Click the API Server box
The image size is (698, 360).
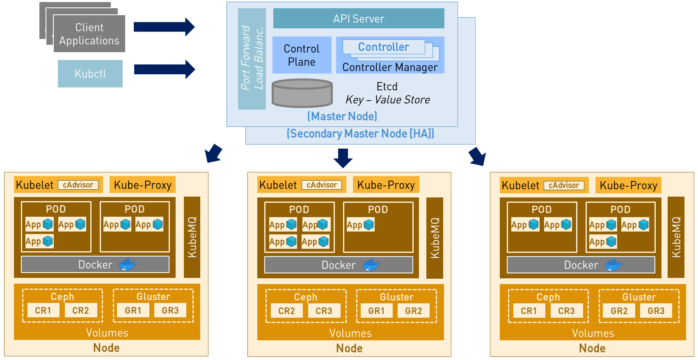pyautogui.click(x=359, y=18)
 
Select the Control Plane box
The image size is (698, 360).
pyautogui.click(x=302, y=55)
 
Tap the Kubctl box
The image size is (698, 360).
pyautogui.click(x=90, y=73)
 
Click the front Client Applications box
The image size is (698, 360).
pyautogui.click(x=89, y=34)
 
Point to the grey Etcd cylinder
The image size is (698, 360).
pyautogui.click(x=302, y=93)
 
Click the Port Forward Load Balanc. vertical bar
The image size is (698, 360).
pyautogui.click(x=252, y=59)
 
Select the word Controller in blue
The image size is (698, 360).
pyautogui.click(x=383, y=47)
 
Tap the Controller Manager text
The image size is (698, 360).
pyautogui.click(x=390, y=67)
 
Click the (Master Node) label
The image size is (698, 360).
pyautogui.click(x=342, y=117)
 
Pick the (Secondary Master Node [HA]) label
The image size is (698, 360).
pyautogui.click(x=360, y=134)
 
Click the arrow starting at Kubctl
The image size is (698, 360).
pyautogui.click(x=164, y=69)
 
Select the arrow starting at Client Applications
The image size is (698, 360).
pyautogui.click(x=164, y=27)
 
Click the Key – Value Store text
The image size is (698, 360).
pyautogui.click(x=388, y=100)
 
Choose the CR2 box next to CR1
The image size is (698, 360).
pyautogui.click(x=80, y=310)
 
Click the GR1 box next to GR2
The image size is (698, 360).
pyautogui.click(x=376, y=311)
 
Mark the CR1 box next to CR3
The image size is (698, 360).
pyautogui.click(x=529, y=311)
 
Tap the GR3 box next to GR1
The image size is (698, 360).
pyautogui.click(x=170, y=310)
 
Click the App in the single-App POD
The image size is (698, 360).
pyautogui.click(x=360, y=225)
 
